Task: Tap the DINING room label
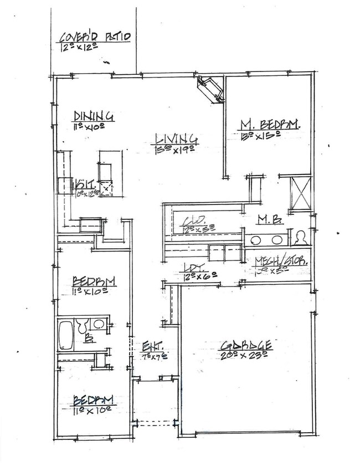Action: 94,116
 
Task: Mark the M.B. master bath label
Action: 270,220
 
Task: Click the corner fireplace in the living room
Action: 210,89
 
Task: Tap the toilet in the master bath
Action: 301,238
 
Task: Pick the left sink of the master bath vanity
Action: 256,240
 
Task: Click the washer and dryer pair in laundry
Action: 224,252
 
